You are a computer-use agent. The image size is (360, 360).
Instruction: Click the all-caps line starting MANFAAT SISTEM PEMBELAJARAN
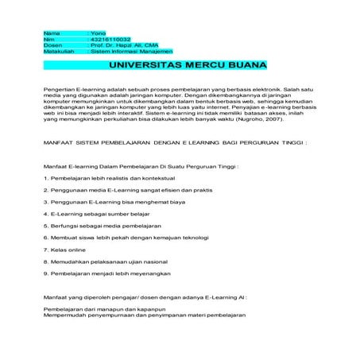point(178,143)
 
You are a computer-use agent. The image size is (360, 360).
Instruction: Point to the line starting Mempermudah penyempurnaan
point(145,313)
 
